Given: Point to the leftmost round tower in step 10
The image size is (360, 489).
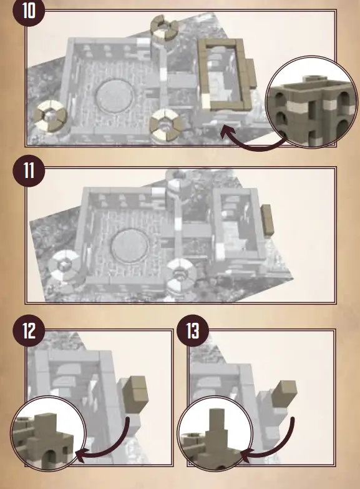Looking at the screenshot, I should tap(49, 116).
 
